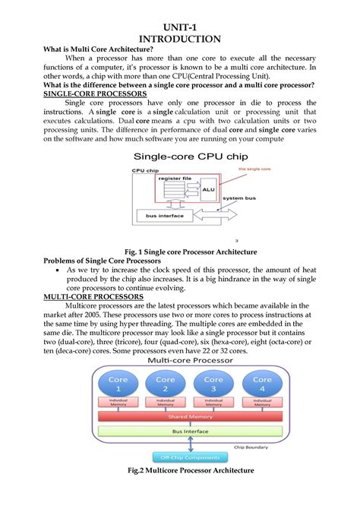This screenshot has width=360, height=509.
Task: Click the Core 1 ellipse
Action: [x=118, y=384]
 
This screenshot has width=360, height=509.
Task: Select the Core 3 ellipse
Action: [x=213, y=384]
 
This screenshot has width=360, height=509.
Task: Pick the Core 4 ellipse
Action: [x=261, y=384]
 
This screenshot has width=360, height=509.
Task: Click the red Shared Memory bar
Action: [x=189, y=416]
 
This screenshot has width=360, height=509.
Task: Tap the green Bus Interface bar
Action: [x=189, y=431]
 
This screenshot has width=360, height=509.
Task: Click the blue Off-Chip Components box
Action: [x=189, y=457]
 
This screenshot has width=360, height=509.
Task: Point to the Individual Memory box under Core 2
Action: [x=166, y=403]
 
